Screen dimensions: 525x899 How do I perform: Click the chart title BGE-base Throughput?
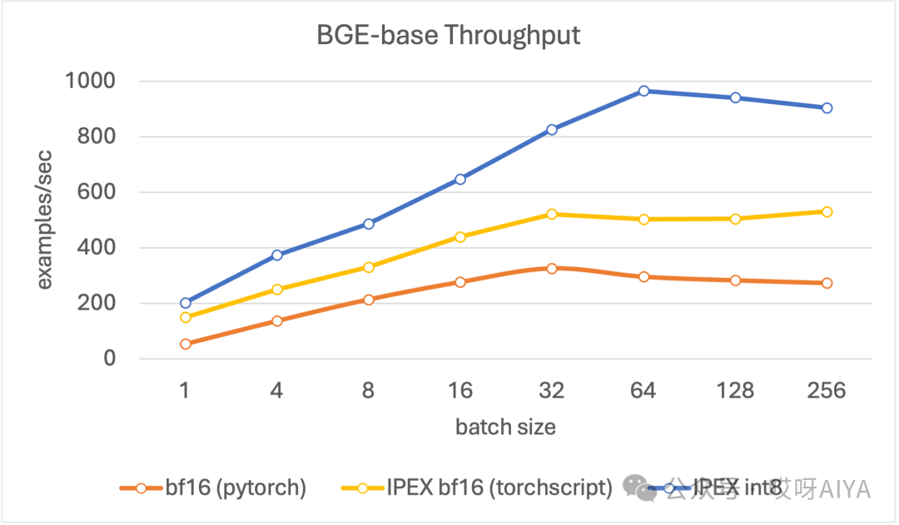click(x=448, y=36)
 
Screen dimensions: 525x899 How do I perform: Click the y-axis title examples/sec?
click(x=43, y=220)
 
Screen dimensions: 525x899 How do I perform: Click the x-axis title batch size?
click(x=505, y=428)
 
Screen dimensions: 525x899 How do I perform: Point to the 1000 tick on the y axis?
click(x=92, y=82)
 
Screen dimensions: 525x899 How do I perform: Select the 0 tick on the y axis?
click(x=108, y=359)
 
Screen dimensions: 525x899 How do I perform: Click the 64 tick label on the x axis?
click(x=643, y=390)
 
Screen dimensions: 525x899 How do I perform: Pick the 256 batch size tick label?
click(x=827, y=390)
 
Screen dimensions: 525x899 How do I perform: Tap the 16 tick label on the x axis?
click(x=460, y=390)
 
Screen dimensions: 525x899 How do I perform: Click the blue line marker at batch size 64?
click(x=643, y=91)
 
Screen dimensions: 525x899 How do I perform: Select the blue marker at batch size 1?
click(x=186, y=303)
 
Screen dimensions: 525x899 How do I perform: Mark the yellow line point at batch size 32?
click(x=552, y=214)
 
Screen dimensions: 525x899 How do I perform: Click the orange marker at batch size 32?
click(x=552, y=268)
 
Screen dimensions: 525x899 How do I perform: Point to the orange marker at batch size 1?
click(x=186, y=344)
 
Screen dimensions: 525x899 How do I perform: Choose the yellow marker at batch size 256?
click(x=827, y=211)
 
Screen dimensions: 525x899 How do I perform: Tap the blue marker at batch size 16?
click(x=460, y=179)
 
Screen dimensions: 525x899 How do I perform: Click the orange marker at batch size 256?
click(x=827, y=283)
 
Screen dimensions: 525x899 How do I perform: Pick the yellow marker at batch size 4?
click(x=277, y=290)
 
